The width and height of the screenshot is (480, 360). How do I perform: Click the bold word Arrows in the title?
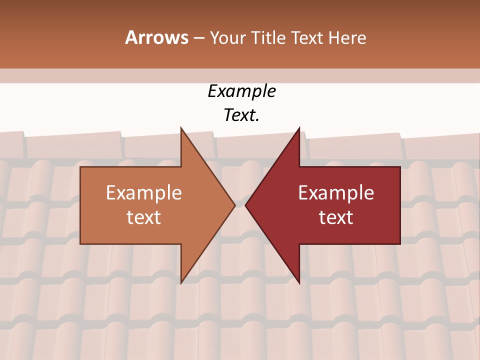[x=156, y=37]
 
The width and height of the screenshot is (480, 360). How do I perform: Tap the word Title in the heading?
[x=268, y=37]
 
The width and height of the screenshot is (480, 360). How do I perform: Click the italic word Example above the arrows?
[x=241, y=91]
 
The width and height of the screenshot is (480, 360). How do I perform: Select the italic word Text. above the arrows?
[x=241, y=115]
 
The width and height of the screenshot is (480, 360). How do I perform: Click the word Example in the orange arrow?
[x=144, y=192]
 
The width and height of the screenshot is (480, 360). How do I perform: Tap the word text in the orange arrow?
[x=144, y=217]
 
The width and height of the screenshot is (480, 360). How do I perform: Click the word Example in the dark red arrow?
[x=336, y=192]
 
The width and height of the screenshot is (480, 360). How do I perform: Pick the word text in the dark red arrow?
[x=336, y=217]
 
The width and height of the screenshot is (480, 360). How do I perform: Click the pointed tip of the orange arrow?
[x=235, y=205]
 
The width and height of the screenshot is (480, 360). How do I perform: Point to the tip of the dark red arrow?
[x=245, y=205]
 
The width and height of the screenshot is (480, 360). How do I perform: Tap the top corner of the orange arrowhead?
[x=181, y=128]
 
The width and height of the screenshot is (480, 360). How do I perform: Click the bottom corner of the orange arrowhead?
[x=181, y=283]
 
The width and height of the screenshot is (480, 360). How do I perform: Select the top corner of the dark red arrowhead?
[x=299, y=128]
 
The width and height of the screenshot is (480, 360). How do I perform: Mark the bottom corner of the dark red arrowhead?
[x=299, y=283]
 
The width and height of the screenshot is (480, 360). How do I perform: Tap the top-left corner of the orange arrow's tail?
[x=80, y=167]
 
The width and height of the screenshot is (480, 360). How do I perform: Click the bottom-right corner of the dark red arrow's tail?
[x=400, y=244]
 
